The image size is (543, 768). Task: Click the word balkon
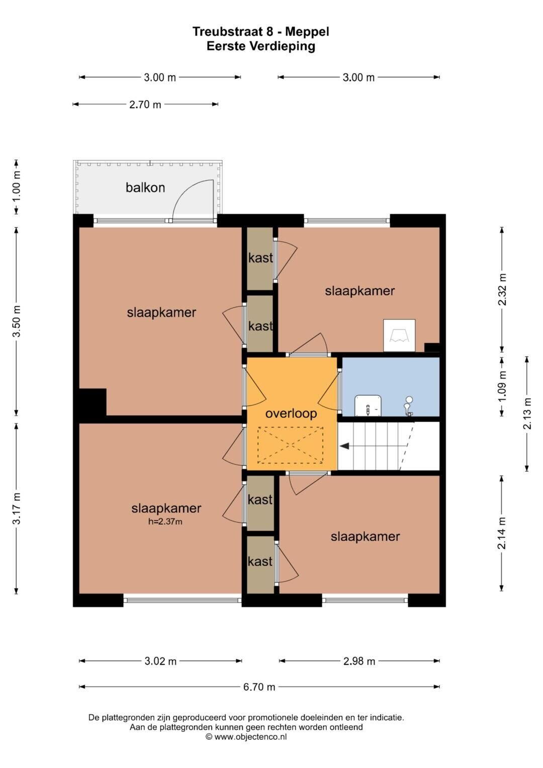click(145, 188)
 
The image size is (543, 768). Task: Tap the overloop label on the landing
click(291, 413)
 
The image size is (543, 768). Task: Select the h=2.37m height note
click(165, 522)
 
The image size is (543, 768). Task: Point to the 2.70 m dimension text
click(145, 104)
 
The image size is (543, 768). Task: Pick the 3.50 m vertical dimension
click(17, 321)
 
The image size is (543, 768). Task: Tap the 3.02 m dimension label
click(160, 661)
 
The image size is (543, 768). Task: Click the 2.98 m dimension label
click(359, 661)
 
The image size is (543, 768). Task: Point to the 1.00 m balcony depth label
click(17, 187)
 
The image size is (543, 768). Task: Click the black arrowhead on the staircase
click(344, 446)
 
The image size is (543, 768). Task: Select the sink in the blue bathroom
click(368, 405)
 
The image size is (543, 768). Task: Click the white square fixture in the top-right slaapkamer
click(399, 335)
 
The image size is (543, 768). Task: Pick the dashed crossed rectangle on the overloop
click(291, 445)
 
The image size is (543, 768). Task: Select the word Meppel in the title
click(307, 32)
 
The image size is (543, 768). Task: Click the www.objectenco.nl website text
click(250, 737)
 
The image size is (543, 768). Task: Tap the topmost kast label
click(260, 258)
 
